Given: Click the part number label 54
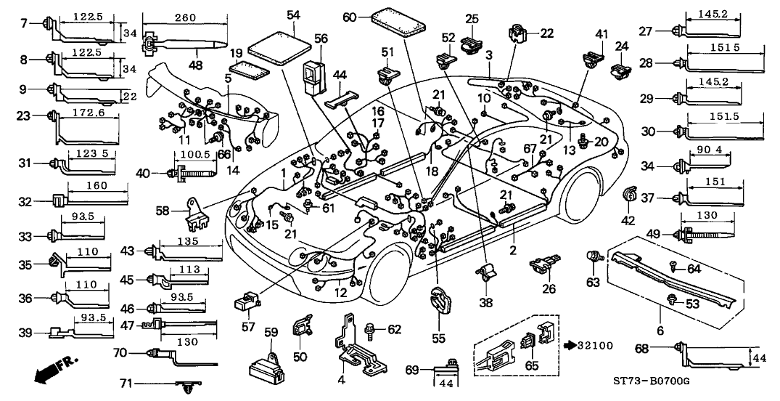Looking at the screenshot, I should pyautogui.click(x=293, y=15).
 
